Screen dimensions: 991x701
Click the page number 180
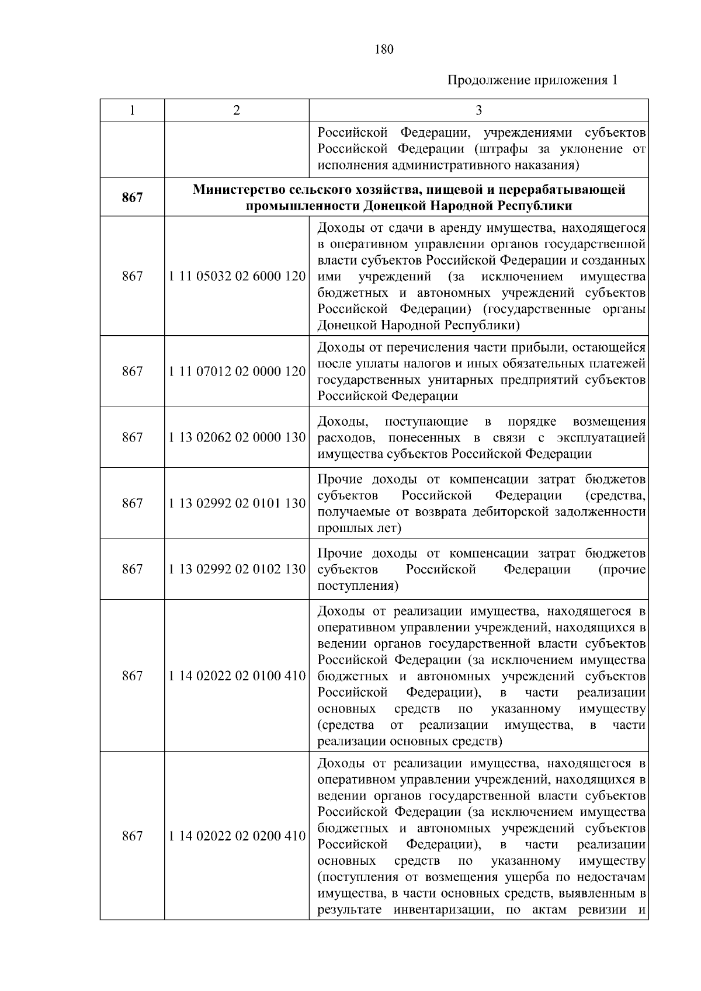tap(384, 49)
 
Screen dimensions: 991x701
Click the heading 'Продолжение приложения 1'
tap(532, 80)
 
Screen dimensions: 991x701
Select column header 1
tap(132, 110)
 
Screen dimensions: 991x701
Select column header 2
tap(236, 110)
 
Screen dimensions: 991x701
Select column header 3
tap(478, 110)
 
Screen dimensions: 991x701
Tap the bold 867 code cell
tap(132, 197)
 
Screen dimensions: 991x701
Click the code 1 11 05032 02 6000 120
tap(237, 276)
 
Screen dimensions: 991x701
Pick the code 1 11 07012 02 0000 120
tap(237, 371)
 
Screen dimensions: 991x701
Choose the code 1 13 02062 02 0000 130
tap(237, 437)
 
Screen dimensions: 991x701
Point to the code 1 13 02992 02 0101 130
tap(237, 503)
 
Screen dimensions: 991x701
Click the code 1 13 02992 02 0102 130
tap(237, 569)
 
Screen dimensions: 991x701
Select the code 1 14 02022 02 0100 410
tap(237, 676)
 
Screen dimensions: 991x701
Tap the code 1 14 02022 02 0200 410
tap(237, 836)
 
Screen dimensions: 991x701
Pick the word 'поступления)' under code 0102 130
tap(358, 586)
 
